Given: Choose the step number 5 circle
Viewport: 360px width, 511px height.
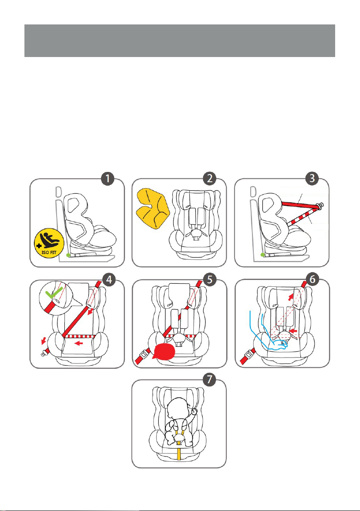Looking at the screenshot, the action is coord(210,279).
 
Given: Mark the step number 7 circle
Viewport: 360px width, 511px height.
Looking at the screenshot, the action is coord(210,380).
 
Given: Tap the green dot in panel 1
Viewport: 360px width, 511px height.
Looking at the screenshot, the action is coord(68,255).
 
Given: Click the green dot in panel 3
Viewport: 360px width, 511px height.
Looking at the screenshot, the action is coord(262,255).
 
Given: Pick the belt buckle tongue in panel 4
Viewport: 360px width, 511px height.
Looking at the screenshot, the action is coord(43,353).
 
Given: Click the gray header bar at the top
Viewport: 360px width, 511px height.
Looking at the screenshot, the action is coord(180,40).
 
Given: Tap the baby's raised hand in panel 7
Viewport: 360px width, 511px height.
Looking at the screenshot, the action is coord(195,412).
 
